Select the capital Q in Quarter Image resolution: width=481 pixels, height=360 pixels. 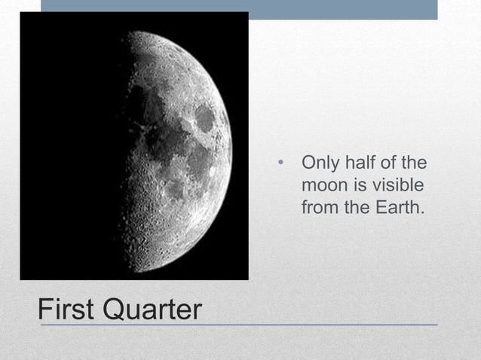[119, 309]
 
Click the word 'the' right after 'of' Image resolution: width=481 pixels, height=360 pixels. [415, 163]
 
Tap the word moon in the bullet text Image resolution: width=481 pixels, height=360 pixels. [322, 185]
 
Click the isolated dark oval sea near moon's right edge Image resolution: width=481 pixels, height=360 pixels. [204, 117]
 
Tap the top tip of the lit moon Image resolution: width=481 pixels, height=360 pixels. [134, 32]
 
